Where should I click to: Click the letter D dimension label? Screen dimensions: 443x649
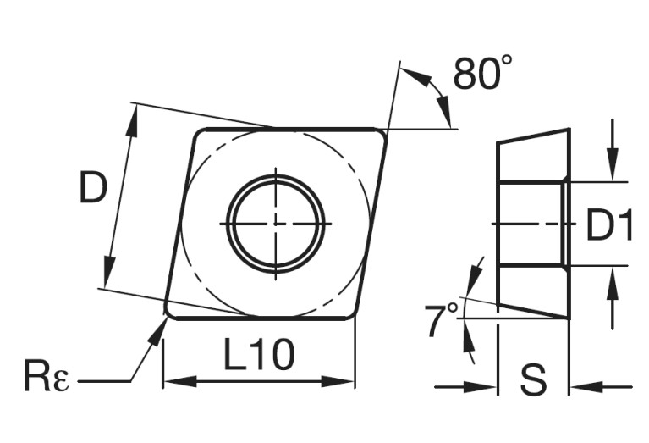coord(93,188)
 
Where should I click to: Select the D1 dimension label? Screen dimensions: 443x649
coord(609,225)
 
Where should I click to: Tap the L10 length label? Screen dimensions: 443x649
coord(259,355)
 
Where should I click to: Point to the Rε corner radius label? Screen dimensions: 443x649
coord(47,374)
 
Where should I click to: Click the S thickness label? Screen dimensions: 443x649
coord(533,381)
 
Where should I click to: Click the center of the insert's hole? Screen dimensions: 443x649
coord(276,224)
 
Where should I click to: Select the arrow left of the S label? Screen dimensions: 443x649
coord(486,388)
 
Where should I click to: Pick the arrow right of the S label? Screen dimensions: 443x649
coord(580,388)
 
